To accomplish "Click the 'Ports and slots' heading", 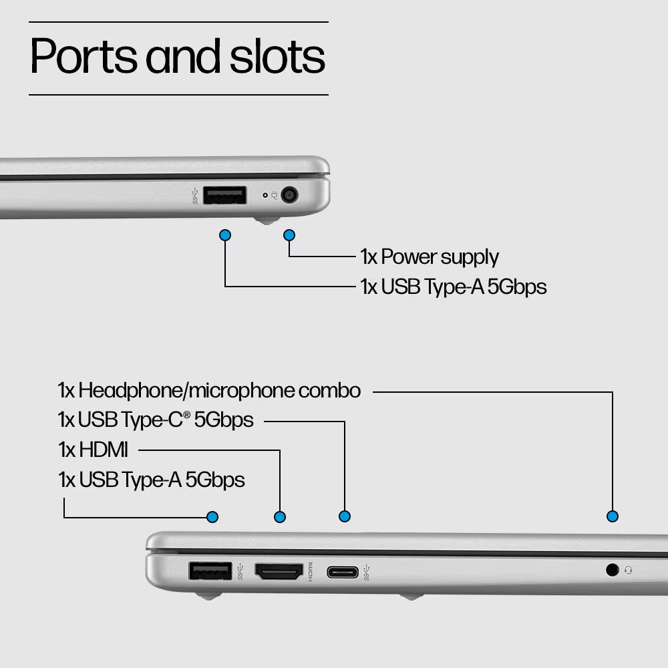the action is point(178,56).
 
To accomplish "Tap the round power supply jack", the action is point(289,195).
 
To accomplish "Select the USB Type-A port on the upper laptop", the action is point(224,195).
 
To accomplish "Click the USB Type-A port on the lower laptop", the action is point(210,571).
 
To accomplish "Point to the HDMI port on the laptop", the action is point(279,571).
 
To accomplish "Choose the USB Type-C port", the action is point(343,572).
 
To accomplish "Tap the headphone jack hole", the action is point(612,570).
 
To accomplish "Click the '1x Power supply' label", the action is point(430,257).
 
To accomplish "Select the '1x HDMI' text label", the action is point(93,450).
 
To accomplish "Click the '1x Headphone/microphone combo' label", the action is point(209,391).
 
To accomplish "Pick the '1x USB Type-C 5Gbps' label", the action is point(156,420).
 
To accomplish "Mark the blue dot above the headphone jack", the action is point(613,516).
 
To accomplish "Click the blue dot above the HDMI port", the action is point(280,517).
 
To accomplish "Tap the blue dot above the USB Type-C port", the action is point(345,516).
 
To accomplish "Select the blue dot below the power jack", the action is point(289,235).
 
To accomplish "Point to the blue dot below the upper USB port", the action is point(225,235).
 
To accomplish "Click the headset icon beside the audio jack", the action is point(629,570).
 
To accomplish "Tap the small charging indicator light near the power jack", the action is point(265,195).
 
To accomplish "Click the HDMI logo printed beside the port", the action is point(310,572).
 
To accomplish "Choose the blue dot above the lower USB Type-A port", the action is point(212,517).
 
